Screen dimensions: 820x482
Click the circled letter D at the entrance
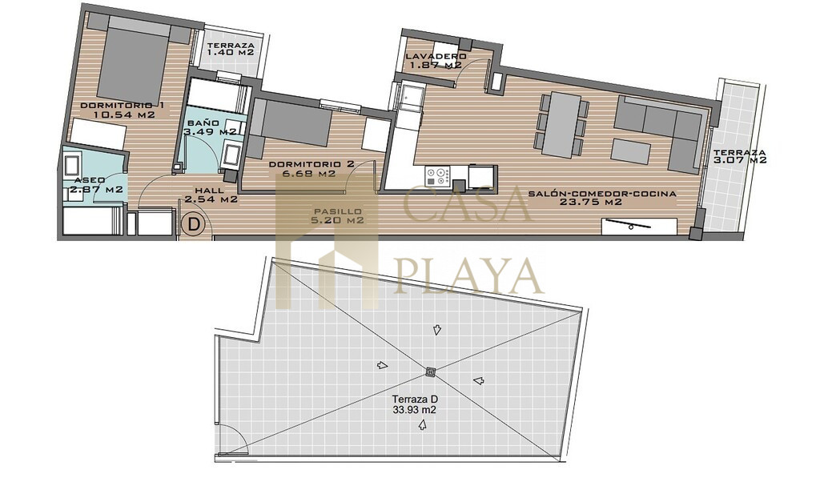point(194,225)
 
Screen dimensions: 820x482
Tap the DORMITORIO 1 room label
point(122,106)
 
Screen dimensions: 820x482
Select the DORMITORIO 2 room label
point(312,164)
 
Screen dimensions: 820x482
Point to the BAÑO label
point(203,123)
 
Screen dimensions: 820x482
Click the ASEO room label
point(90,180)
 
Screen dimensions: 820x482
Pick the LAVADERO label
point(436,57)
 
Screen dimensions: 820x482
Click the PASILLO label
point(337,211)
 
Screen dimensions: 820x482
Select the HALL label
point(209,191)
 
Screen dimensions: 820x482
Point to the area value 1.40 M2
point(231,53)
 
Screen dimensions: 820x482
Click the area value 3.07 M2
point(740,160)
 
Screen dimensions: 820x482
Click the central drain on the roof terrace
point(431,372)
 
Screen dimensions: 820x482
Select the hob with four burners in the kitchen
point(437,175)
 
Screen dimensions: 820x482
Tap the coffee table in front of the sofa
point(631,151)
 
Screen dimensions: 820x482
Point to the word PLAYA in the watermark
point(468,276)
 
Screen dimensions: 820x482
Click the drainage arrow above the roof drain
point(436,330)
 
